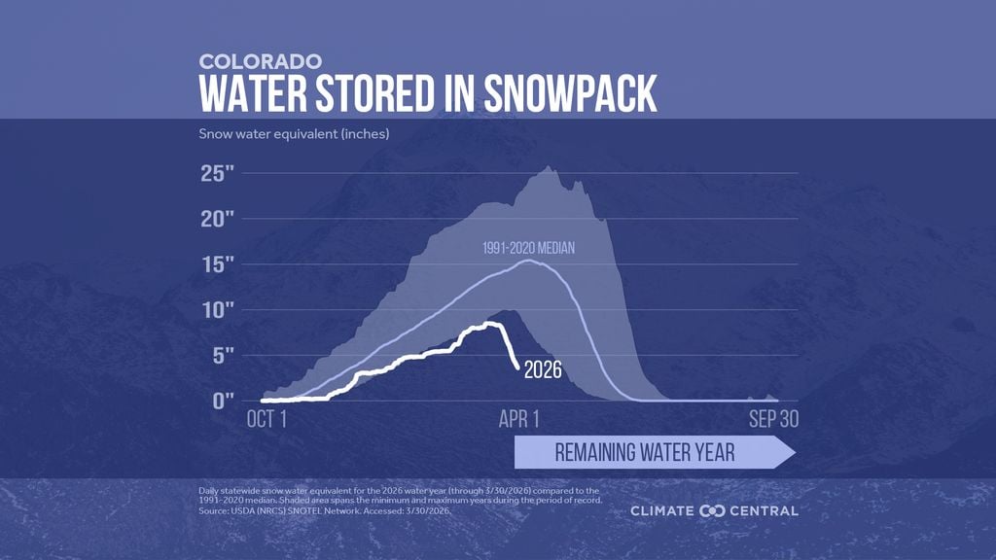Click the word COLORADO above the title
coord(261,60)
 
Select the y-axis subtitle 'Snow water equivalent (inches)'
coord(294,133)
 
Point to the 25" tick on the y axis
coord(217,175)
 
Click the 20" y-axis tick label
coord(217,220)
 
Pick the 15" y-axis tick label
coord(217,265)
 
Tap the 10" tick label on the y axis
coord(217,310)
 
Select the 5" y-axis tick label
coord(222,355)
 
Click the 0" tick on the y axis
coord(222,400)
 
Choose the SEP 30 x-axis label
coord(773,420)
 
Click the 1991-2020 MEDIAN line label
coord(528,249)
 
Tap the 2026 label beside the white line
coord(545,369)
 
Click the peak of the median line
coord(528,261)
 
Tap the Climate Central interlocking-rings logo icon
coord(713,510)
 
